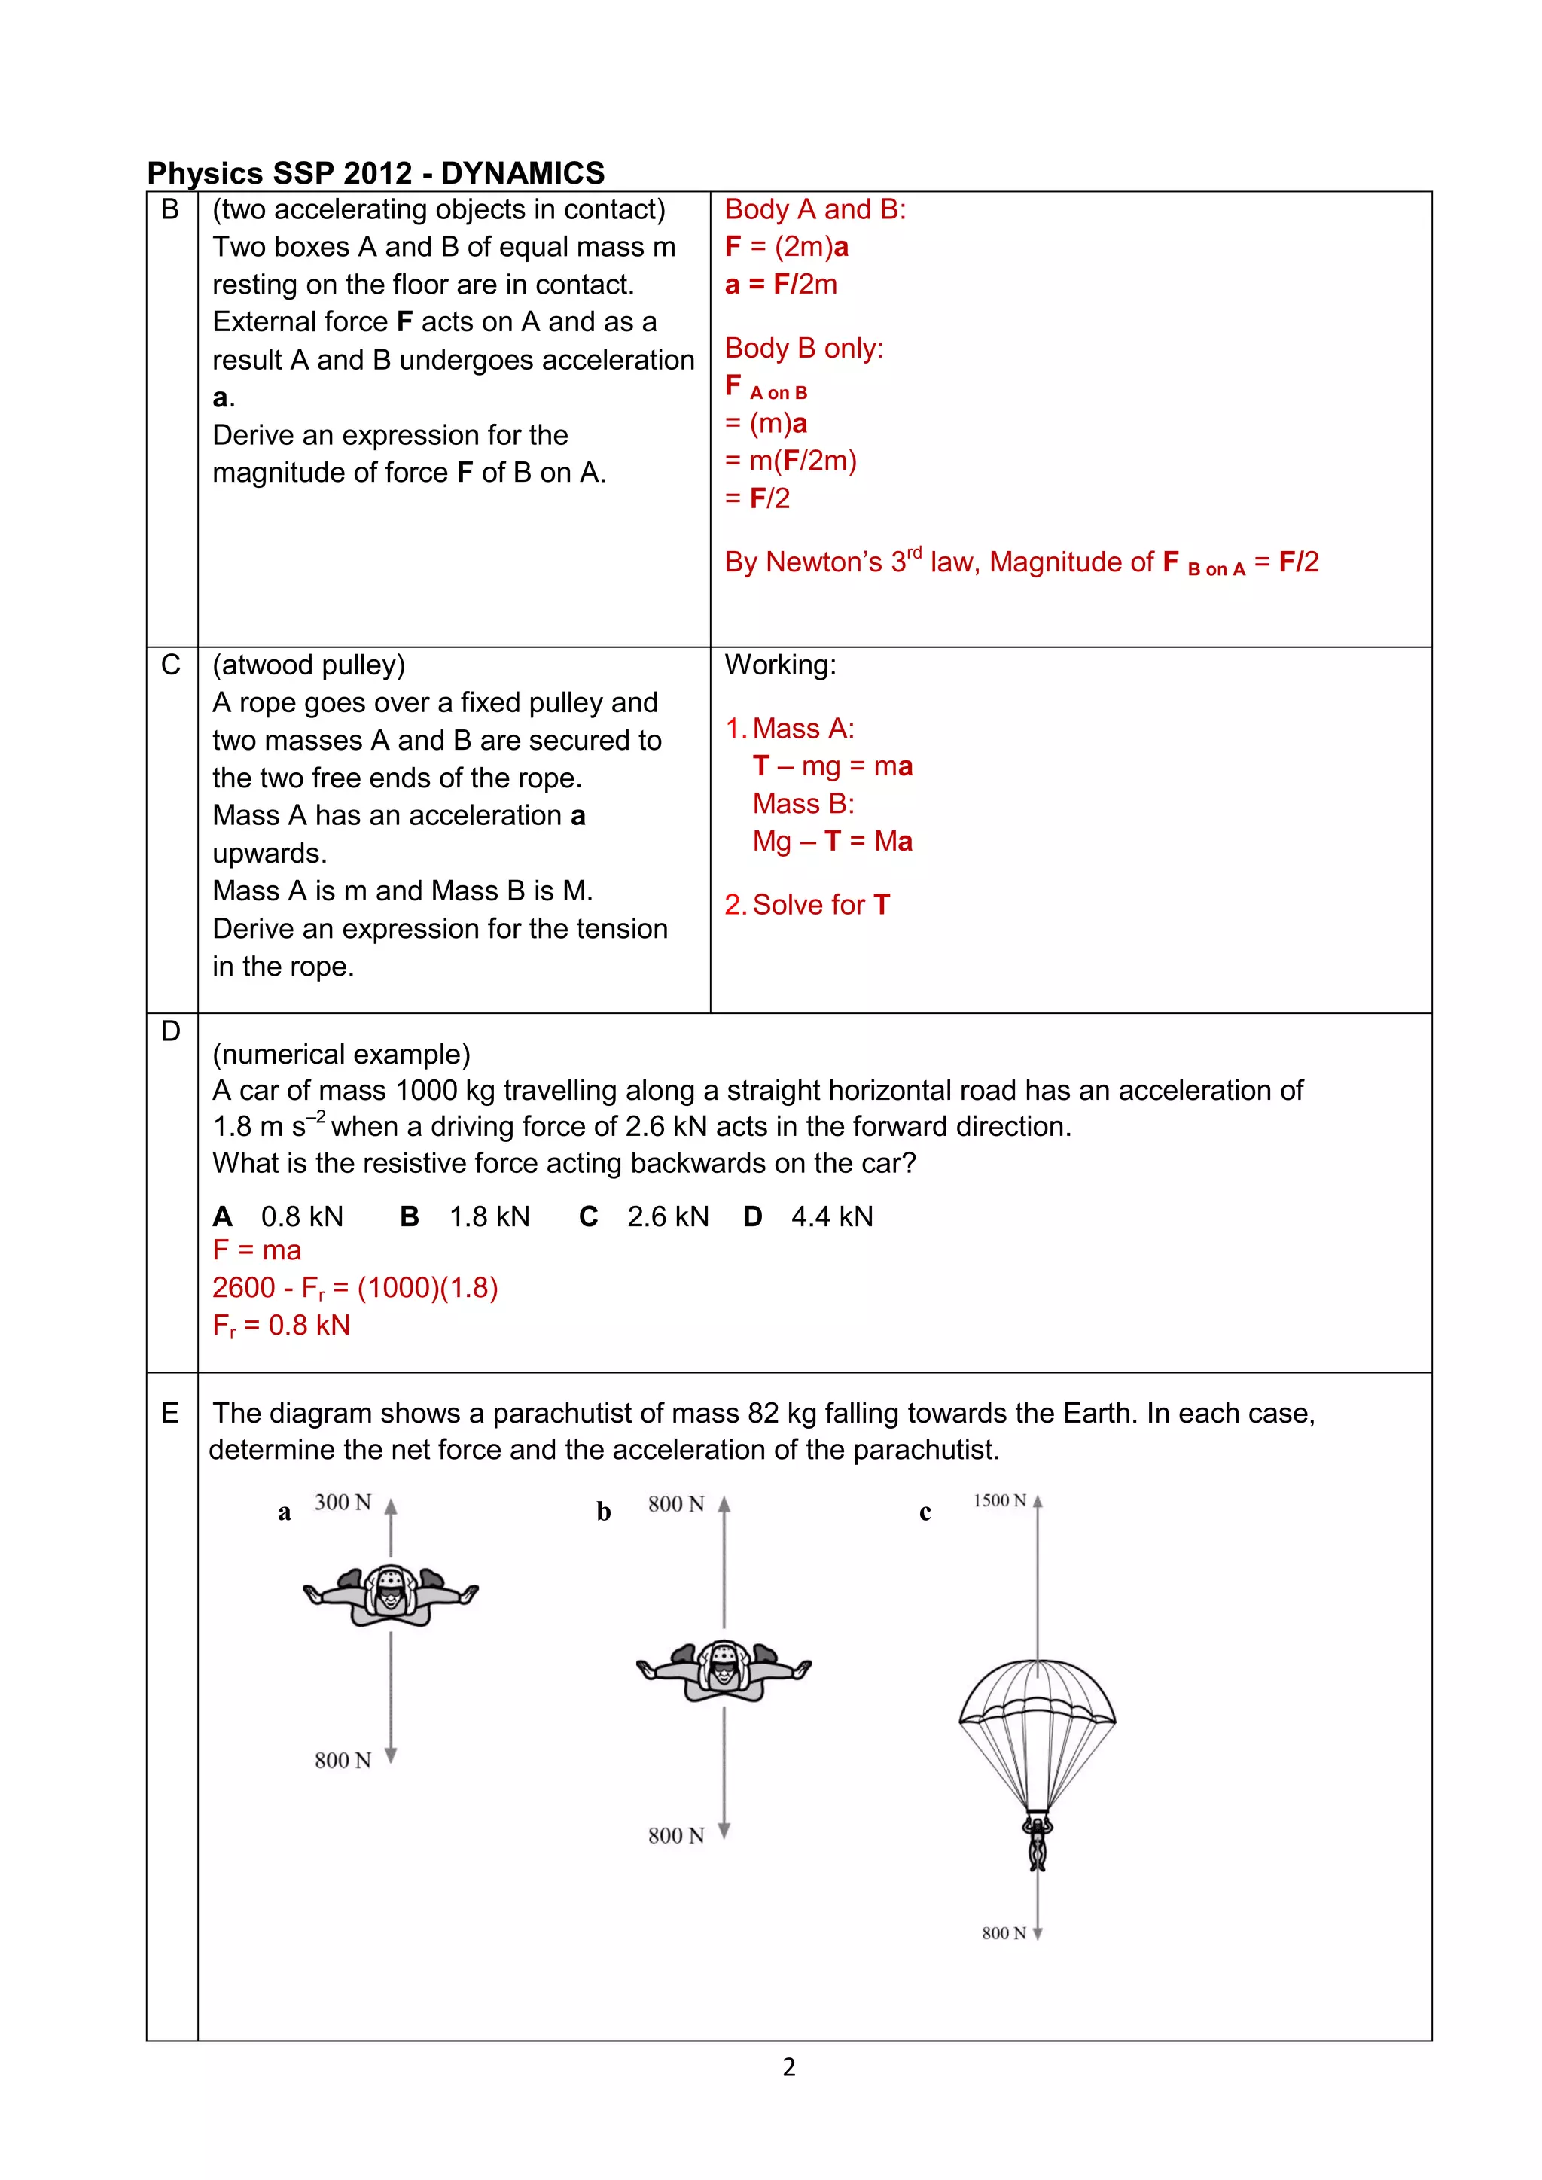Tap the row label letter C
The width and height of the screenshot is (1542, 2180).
tap(171, 665)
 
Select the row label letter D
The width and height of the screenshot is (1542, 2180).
tap(171, 1031)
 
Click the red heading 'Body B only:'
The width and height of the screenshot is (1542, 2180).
tap(803, 349)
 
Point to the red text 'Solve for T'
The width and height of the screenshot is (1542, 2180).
tap(821, 905)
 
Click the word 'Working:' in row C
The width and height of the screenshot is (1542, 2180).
tap(781, 665)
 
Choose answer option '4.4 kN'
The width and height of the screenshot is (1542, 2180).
tap(832, 1216)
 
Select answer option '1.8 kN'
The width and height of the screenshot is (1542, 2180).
tap(489, 1216)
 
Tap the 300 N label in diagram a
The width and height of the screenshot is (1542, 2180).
tap(343, 1502)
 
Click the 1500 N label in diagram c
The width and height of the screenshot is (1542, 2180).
tap(999, 1500)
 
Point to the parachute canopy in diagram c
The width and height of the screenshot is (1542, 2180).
tap(1037, 1694)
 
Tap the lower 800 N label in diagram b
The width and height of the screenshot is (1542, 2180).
tap(676, 1835)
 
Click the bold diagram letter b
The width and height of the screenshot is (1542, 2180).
tap(604, 1512)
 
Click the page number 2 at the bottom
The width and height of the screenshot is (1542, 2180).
tap(789, 2067)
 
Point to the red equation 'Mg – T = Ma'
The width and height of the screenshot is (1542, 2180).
tap(832, 842)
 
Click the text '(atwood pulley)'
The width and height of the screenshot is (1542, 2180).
tap(309, 665)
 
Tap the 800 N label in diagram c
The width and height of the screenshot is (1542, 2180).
tap(1004, 1933)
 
